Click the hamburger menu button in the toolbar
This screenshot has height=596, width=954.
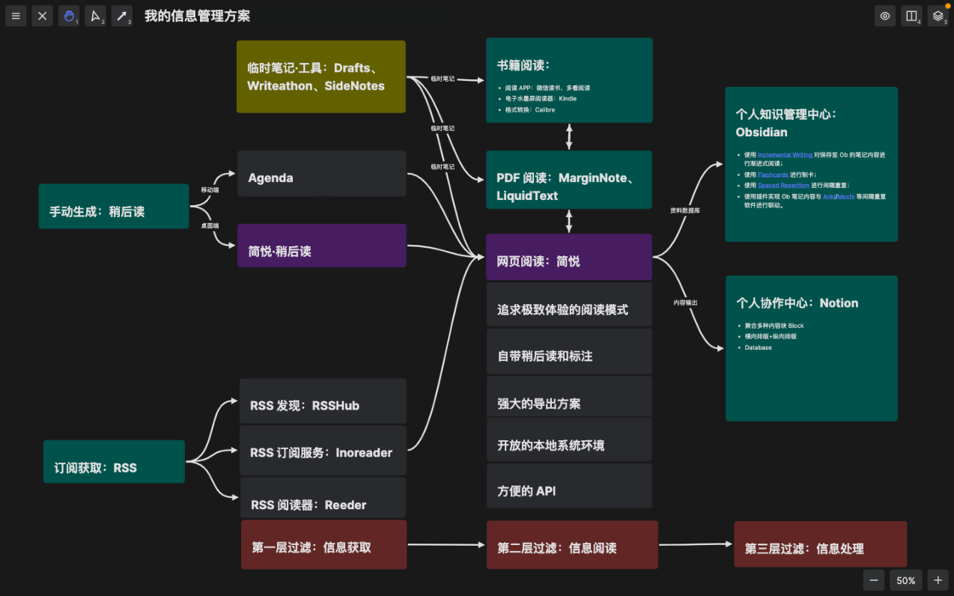click(x=15, y=16)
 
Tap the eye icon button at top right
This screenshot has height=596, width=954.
click(x=885, y=16)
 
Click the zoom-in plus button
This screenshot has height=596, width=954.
click(x=938, y=580)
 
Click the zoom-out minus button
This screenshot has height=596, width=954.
click(x=874, y=580)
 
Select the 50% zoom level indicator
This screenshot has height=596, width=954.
click(x=905, y=580)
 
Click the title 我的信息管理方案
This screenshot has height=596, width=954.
click(x=197, y=16)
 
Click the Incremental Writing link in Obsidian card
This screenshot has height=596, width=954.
click(x=784, y=155)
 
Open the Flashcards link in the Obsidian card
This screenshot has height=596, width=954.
click(x=773, y=175)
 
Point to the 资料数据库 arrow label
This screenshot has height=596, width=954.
click(x=685, y=210)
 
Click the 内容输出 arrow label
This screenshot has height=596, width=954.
click(x=685, y=302)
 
